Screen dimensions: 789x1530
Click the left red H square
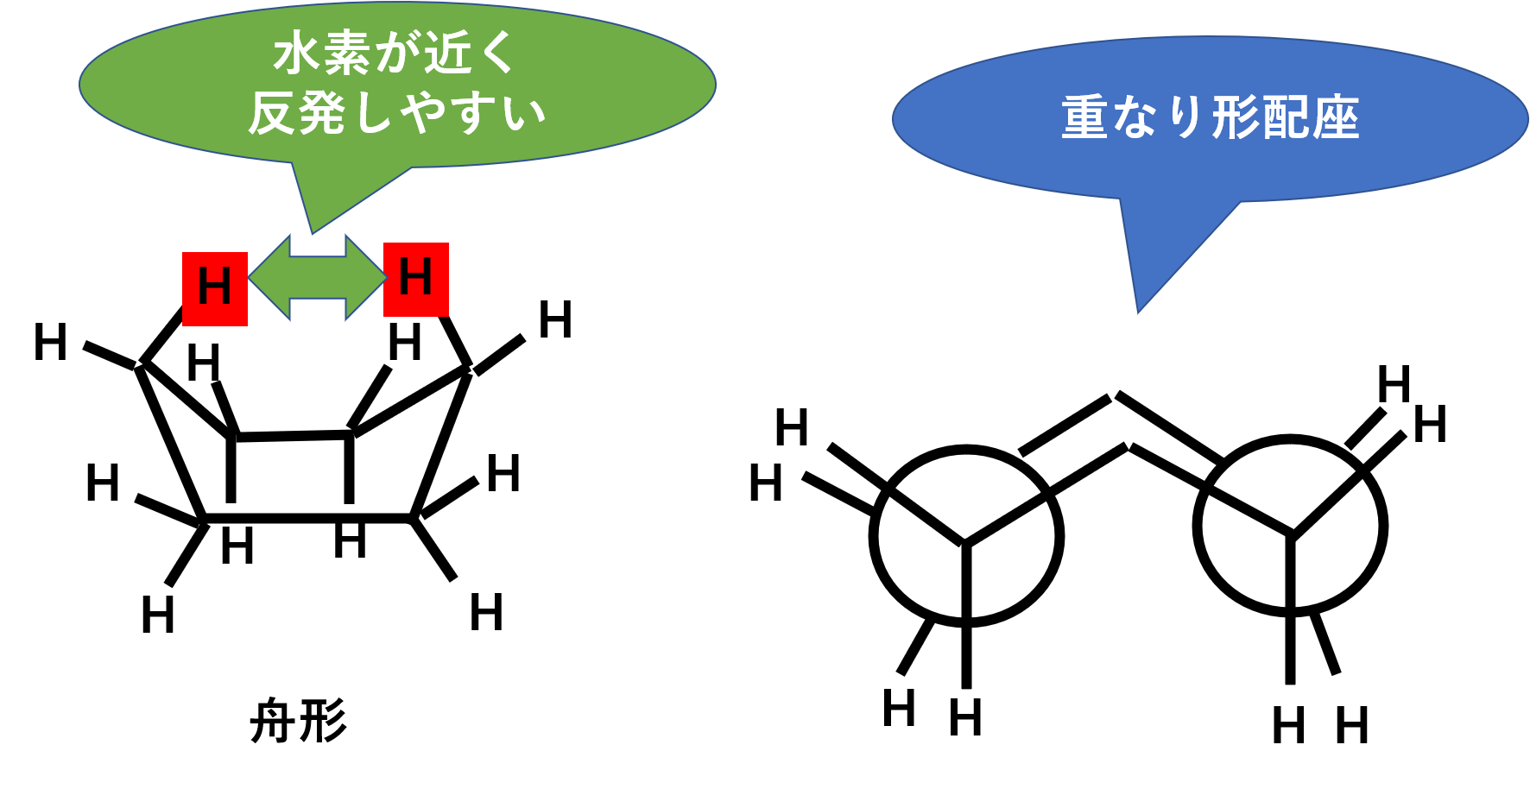click(x=215, y=288)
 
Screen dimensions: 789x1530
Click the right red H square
click(x=415, y=279)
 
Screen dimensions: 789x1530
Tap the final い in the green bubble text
click(x=524, y=115)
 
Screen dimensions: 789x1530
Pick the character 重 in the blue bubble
click(x=1084, y=118)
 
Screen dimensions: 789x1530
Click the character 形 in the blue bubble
click(x=1235, y=118)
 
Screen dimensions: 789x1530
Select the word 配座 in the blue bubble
click(x=1310, y=118)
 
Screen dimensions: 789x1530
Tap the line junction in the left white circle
click(x=965, y=542)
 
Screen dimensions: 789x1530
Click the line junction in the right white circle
click(x=1292, y=530)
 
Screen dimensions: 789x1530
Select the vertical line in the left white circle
click(x=966, y=580)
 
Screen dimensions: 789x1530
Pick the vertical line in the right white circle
click(x=1291, y=570)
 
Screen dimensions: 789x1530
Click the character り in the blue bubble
click(x=1185, y=118)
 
